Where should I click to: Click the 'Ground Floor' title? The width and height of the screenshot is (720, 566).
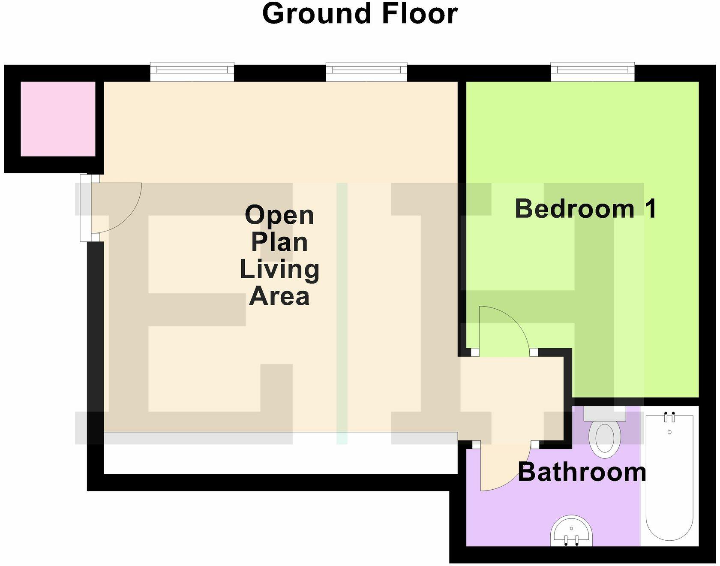coord(360,14)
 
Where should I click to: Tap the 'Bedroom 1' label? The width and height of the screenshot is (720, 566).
coord(585,209)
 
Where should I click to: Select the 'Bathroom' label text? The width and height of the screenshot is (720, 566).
coord(582,472)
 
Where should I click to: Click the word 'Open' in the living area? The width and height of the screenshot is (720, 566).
coord(279,215)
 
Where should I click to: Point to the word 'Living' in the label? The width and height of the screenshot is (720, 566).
coord(279,270)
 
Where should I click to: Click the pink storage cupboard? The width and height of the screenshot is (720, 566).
coord(58,119)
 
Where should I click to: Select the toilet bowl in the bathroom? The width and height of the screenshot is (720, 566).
coord(605,437)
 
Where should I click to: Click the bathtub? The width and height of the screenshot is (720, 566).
coord(669,480)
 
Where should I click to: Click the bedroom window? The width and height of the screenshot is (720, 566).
coord(592,71)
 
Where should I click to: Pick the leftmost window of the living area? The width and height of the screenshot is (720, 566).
coord(192,71)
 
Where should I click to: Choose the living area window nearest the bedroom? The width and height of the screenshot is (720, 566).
coord(366,71)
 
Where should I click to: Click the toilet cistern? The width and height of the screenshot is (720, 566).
coord(605,414)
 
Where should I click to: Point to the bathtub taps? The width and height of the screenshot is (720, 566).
coord(669,417)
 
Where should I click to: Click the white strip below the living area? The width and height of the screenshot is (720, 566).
coord(281,453)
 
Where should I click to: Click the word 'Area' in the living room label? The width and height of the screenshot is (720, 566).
coord(279,296)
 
